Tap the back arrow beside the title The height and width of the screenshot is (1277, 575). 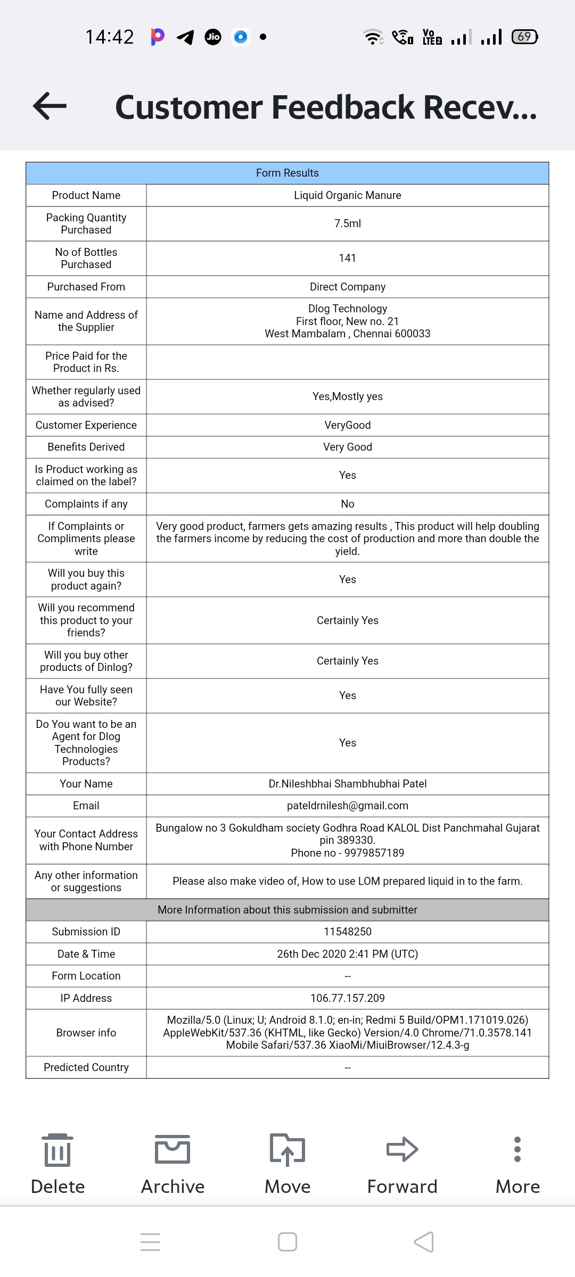click(x=50, y=106)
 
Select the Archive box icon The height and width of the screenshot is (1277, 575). click(x=172, y=1149)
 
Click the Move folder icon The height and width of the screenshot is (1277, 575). click(x=287, y=1149)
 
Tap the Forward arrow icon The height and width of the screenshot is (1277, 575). click(x=402, y=1149)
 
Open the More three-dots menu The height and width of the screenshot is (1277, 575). click(x=517, y=1149)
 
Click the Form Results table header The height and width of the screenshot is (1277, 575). click(x=287, y=173)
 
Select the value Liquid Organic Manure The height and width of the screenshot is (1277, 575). click(x=347, y=195)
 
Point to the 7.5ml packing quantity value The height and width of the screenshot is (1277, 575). click(x=347, y=223)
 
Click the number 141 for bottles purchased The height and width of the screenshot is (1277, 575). click(x=347, y=258)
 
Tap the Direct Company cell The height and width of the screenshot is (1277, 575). click(x=347, y=287)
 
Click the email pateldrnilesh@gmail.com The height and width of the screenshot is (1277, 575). click(x=347, y=806)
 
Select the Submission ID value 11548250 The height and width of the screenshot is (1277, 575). click(x=347, y=932)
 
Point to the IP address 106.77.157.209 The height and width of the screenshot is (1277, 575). click(x=347, y=998)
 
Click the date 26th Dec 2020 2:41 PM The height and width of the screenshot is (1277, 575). click(x=347, y=954)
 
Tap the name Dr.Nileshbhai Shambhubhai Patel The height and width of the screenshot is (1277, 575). click(x=347, y=784)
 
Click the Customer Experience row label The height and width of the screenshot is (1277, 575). click(x=86, y=425)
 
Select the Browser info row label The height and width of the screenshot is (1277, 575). click(x=86, y=1033)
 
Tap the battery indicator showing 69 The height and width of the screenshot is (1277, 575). click(x=524, y=37)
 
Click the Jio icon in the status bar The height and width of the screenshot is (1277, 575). click(x=213, y=37)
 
